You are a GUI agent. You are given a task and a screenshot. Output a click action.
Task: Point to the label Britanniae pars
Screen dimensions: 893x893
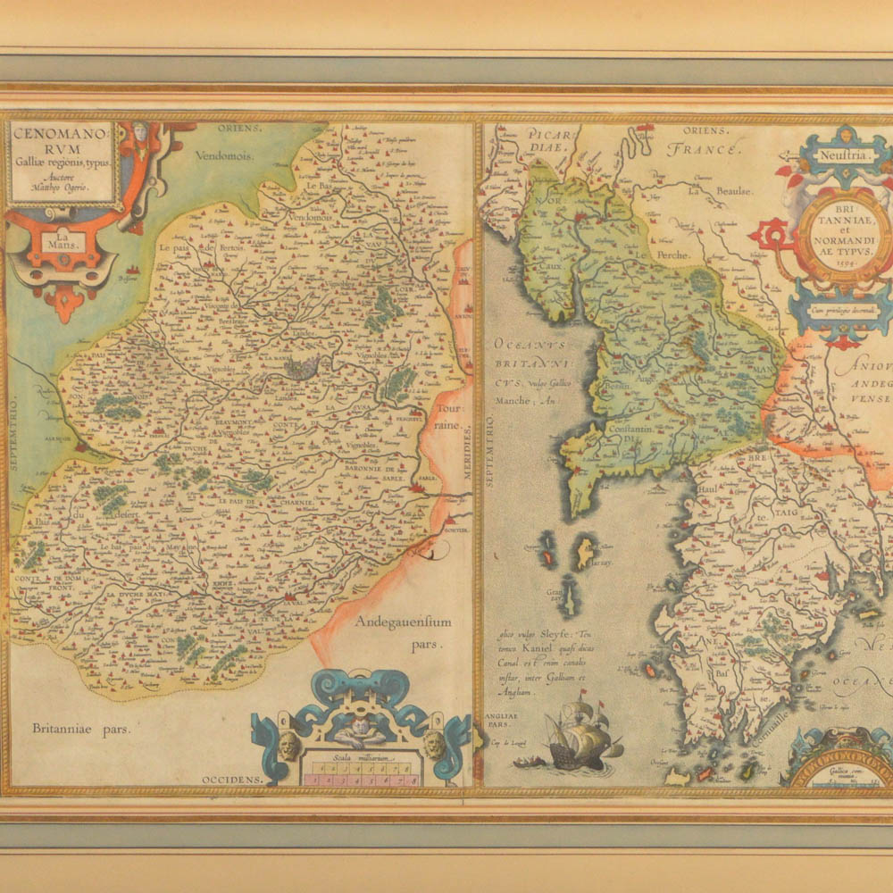pyautogui.click(x=81, y=728)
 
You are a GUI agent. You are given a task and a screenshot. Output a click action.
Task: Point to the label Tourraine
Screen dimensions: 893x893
pyautogui.click(x=450, y=416)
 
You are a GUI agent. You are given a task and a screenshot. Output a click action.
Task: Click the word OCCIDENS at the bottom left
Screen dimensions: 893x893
pyautogui.click(x=232, y=780)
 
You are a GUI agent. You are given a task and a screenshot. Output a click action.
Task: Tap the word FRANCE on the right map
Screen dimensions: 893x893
pyautogui.click(x=706, y=150)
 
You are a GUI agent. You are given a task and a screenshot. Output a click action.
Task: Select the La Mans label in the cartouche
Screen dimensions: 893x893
pyautogui.click(x=62, y=241)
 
